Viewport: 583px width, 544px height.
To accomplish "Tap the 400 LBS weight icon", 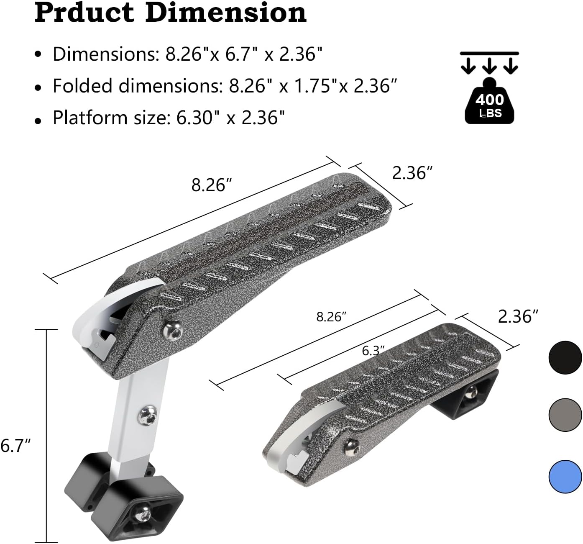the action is pos(489,101).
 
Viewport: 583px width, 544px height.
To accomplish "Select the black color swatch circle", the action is pos(565,357).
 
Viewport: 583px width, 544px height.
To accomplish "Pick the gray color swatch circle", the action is pos(565,415).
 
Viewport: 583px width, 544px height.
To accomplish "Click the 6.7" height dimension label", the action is pos(15,446).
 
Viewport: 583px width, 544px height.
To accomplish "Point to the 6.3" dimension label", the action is pos(373,350).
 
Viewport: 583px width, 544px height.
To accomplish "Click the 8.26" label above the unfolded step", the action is pos(211,185).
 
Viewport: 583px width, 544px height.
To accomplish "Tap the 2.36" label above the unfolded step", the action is pos(412,173).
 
